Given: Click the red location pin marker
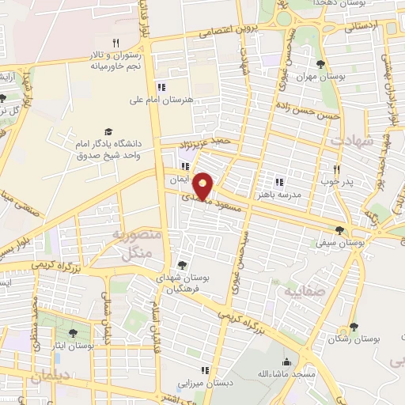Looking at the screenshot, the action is click(x=203, y=184).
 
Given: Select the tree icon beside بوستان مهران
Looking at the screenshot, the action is click(x=320, y=65).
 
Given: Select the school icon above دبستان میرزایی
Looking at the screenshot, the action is click(x=205, y=369).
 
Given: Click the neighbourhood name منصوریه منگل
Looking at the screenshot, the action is click(x=136, y=244).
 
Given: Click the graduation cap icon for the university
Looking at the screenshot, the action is click(x=108, y=131).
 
